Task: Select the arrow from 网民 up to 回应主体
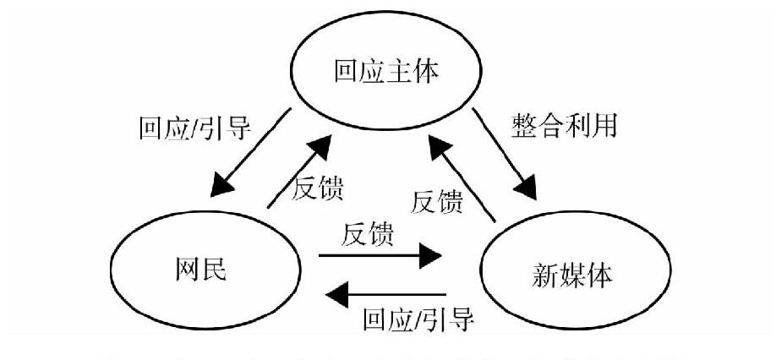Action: pyautogui.click(x=297, y=174)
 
